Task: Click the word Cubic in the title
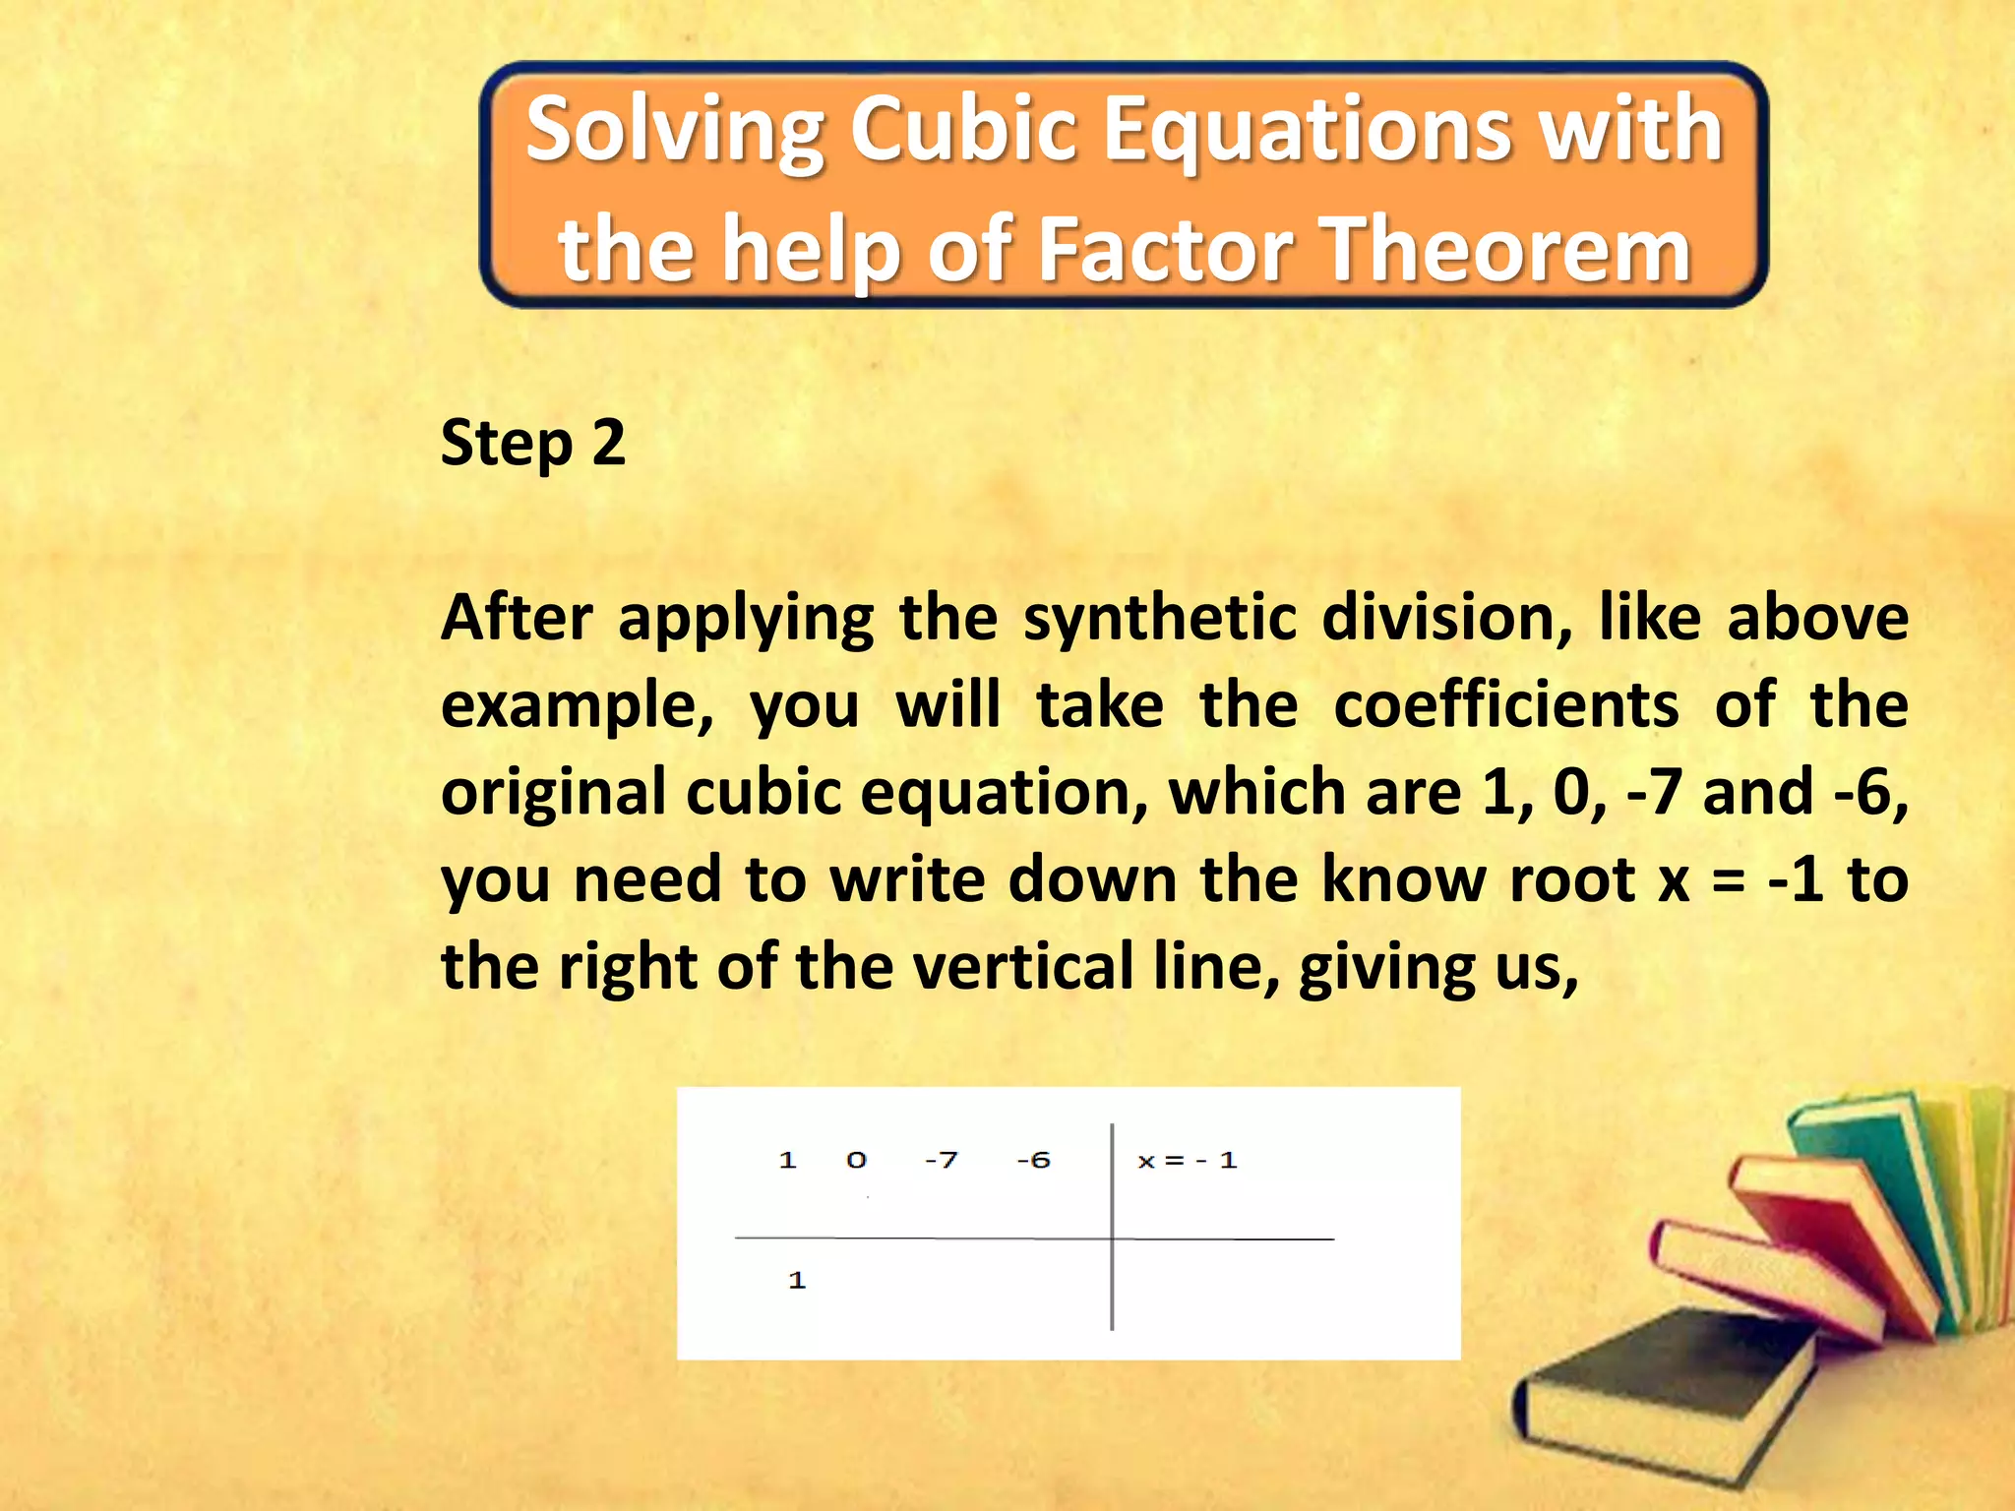pyautogui.click(x=964, y=130)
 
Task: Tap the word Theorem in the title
pyautogui.click(x=1505, y=250)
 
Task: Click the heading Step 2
pyautogui.click(x=532, y=443)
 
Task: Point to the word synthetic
pyautogui.click(x=1160, y=619)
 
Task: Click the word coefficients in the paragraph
pyautogui.click(x=1505, y=705)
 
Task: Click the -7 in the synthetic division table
pyautogui.click(x=941, y=1161)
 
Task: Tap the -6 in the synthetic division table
pyautogui.click(x=1033, y=1161)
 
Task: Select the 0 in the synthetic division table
pyautogui.click(x=856, y=1161)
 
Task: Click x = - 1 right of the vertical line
pyautogui.click(x=1187, y=1161)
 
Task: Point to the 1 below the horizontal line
pyautogui.click(x=797, y=1281)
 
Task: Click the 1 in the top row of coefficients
pyautogui.click(x=787, y=1161)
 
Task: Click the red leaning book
pyautogui.click(x=1820, y=1230)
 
